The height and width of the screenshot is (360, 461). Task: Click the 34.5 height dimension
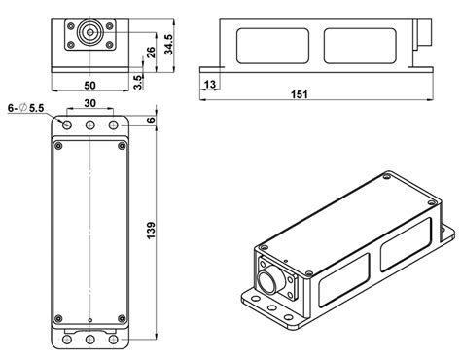click(167, 45)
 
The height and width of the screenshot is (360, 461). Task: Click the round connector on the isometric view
click(267, 282)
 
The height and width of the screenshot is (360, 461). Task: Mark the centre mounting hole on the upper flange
click(89, 126)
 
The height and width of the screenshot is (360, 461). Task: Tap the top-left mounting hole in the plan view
click(65, 126)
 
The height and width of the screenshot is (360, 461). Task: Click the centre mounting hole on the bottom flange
click(89, 339)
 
